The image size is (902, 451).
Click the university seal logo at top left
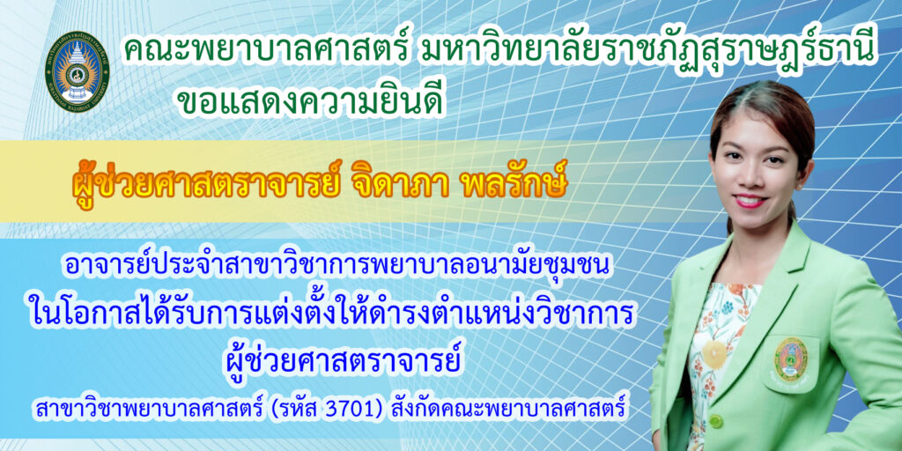point(78,71)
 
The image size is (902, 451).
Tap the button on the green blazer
point(715,420)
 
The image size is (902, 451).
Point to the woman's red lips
point(750,201)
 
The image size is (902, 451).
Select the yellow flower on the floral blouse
point(715,351)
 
